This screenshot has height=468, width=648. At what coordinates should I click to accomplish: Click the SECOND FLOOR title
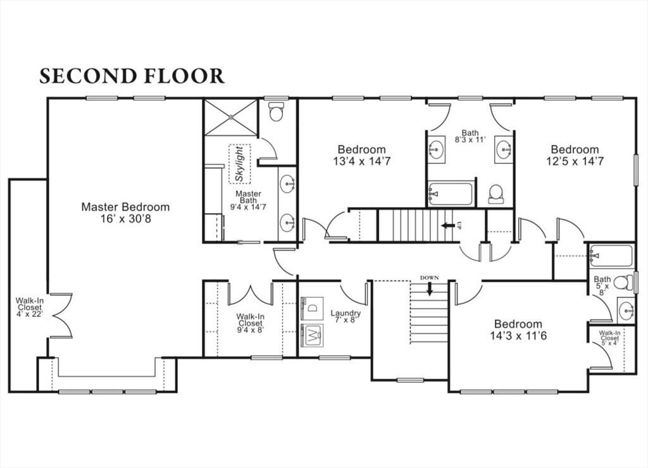(x=132, y=76)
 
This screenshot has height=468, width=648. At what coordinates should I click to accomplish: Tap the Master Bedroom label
(x=125, y=207)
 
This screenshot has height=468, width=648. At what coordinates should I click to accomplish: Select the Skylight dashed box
(x=240, y=164)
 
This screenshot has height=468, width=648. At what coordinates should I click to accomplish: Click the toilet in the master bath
(x=276, y=111)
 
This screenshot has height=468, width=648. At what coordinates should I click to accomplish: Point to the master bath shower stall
(x=231, y=117)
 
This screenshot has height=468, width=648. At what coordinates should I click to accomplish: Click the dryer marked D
(x=313, y=308)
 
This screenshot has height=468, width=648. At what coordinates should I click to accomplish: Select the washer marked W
(x=313, y=335)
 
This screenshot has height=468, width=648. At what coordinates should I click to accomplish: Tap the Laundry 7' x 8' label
(x=346, y=316)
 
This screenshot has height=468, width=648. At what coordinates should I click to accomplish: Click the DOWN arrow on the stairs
(x=430, y=288)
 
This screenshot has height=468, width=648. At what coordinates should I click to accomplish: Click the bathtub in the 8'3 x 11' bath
(x=450, y=194)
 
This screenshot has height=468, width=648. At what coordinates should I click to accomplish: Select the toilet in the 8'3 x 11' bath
(x=495, y=194)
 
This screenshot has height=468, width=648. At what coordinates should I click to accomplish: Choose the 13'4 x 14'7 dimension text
(x=361, y=161)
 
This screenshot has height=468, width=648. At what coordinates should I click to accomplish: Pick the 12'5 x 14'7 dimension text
(x=575, y=161)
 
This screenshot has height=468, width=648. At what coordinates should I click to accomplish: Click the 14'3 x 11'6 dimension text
(x=518, y=336)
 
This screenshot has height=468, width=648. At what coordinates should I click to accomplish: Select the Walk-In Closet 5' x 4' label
(x=609, y=338)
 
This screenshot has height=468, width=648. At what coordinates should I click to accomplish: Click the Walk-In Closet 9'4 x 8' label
(x=250, y=323)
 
